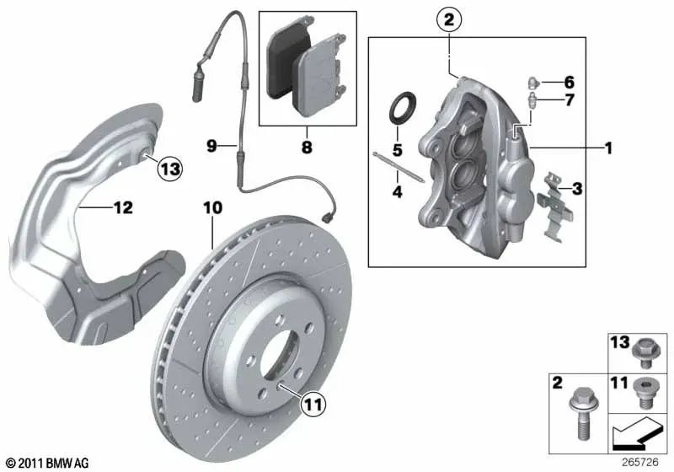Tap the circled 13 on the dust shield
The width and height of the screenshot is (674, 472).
click(x=169, y=169)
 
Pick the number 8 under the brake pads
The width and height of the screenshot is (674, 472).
click(x=307, y=147)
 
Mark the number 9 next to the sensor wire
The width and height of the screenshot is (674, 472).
click(x=212, y=146)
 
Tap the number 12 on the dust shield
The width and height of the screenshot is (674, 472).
click(x=123, y=206)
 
